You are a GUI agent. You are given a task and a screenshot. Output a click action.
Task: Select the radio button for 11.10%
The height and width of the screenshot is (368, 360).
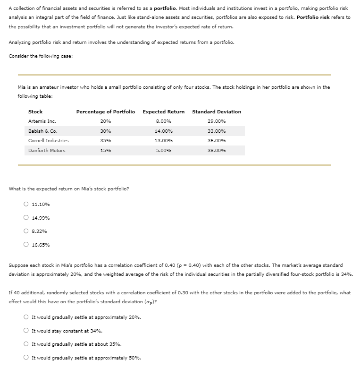(x=26, y=205)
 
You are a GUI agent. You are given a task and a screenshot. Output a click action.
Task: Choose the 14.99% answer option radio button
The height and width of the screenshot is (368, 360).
(x=26, y=218)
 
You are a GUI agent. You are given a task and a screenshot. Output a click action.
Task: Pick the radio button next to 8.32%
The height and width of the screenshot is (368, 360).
(x=26, y=231)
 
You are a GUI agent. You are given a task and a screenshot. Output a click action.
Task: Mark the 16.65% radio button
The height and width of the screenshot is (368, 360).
(x=26, y=245)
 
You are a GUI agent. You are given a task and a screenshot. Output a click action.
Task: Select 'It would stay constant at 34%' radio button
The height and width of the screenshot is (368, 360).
(x=26, y=331)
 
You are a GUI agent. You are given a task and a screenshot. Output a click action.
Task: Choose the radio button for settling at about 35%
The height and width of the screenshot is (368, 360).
(x=26, y=344)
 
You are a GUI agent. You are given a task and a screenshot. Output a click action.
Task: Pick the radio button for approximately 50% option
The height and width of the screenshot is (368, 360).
(x=26, y=358)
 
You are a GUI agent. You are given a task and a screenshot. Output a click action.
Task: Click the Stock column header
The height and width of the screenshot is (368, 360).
(x=35, y=111)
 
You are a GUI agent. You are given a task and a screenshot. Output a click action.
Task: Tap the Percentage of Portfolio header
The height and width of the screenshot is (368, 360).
(x=105, y=111)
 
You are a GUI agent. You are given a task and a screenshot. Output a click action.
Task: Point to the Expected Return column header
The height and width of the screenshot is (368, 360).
(x=163, y=111)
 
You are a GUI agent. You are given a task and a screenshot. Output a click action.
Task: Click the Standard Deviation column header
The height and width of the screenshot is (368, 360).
(x=217, y=111)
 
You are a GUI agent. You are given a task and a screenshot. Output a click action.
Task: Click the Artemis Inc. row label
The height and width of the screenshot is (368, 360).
(x=40, y=121)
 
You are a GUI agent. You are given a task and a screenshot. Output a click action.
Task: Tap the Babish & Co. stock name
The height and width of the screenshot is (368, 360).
(x=40, y=131)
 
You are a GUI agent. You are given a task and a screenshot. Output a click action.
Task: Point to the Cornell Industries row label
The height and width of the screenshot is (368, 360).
(x=48, y=141)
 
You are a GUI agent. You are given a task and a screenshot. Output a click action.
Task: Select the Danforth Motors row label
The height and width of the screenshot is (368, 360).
(x=47, y=151)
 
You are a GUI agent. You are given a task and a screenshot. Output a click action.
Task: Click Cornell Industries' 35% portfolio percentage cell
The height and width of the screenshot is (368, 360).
(x=105, y=141)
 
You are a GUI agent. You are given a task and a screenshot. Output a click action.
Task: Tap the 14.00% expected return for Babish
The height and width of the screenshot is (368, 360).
(x=163, y=131)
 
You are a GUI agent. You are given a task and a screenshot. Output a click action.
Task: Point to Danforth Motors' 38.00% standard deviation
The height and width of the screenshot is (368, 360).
(x=217, y=151)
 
